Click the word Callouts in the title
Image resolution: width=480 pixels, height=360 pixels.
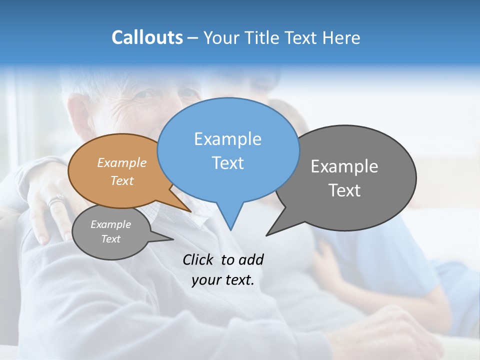coord(147,37)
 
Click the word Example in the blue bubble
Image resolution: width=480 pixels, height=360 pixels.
coord(227,139)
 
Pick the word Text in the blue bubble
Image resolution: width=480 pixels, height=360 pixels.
coord(227,163)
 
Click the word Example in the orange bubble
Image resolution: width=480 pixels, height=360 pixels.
coord(122,162)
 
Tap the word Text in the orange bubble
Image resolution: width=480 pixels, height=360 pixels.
coord(122,180)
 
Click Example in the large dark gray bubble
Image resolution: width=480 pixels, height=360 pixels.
coord(344,166)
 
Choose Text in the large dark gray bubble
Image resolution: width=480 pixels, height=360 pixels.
coord(344,190)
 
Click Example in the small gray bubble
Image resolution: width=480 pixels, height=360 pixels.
coord(111,224)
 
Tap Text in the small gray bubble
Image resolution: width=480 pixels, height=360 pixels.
coord(111,239)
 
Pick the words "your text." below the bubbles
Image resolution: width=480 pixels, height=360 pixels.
coord(223,280)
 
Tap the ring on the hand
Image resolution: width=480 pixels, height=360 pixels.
coord(55,201)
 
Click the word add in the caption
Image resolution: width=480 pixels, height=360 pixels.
coord(251,259)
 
